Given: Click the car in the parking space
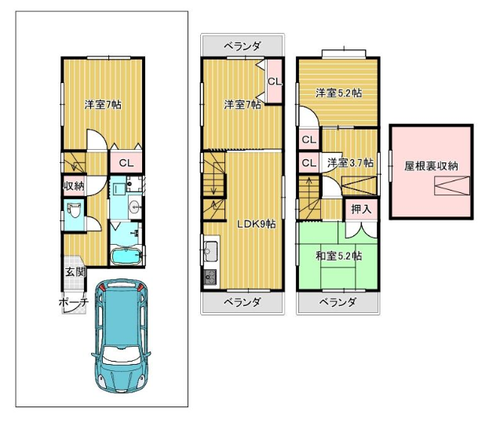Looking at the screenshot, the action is [x=121, y=336].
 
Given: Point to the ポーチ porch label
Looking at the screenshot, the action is [x=73, y=302].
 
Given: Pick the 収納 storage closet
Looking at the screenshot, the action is [x=75, y=185].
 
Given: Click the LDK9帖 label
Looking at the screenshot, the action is [x=256, y=224].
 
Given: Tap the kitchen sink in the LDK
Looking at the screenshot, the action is [x=211, y=249].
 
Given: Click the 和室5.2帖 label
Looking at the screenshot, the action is [x=338, y=256].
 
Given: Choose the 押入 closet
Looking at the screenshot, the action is [x=361, y=209].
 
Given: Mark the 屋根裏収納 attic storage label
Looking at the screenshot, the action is [x=431, y=166].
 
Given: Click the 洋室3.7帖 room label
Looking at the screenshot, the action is [x=350, y=163].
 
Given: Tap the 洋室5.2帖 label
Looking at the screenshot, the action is [x=338, y=93].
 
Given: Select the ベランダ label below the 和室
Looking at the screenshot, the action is [x=338, y=302].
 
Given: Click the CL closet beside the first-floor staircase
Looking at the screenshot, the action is [x=126, y=163].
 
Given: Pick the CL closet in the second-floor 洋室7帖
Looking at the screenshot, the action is [x=275, y=82].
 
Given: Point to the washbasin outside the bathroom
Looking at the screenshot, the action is [x=136, y=207].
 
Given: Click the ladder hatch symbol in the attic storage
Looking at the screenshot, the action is [x=452, y=186].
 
